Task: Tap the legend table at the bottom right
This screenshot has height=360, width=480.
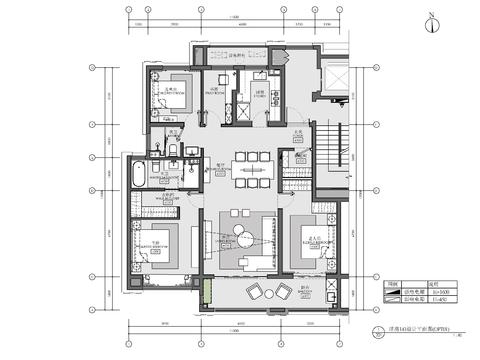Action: point(406,291)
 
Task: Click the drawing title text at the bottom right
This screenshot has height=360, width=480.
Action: point(408,327)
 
